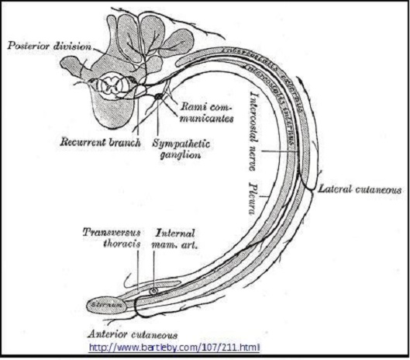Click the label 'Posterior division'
click(48, 46)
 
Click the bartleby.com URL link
click(174, 345)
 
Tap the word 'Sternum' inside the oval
click(106, 304)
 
